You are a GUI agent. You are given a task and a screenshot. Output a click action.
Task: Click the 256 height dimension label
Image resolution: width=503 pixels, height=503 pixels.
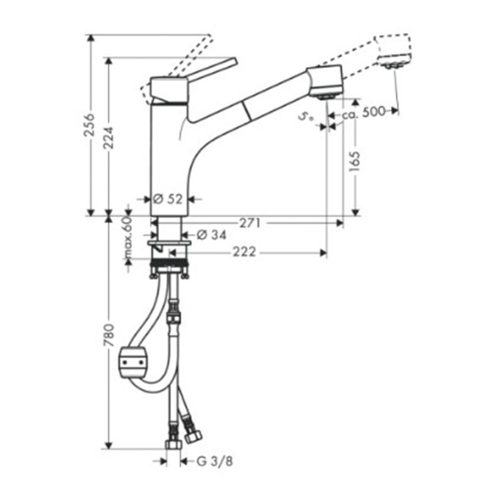tap(90, 124)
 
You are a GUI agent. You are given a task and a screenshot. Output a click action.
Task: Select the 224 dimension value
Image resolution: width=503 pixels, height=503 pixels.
tap(108, 138)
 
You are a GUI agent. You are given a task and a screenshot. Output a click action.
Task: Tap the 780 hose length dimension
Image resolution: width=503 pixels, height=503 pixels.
tap(109, 336)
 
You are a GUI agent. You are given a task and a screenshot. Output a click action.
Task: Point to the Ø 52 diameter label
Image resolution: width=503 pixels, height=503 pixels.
tap(167, 199)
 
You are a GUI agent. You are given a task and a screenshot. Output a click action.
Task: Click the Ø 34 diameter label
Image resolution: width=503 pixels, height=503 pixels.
tap(211, 235)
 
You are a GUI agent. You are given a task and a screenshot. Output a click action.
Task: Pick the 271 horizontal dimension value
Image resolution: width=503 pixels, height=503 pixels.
tap(250, 223)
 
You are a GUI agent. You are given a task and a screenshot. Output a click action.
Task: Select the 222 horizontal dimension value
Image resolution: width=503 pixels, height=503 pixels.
tap(245, 252)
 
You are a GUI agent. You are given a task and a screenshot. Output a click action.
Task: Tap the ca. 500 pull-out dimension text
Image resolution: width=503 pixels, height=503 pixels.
tap(363, 113)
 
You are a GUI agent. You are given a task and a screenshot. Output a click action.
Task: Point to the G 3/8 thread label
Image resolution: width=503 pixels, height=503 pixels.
tap(214, 462)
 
